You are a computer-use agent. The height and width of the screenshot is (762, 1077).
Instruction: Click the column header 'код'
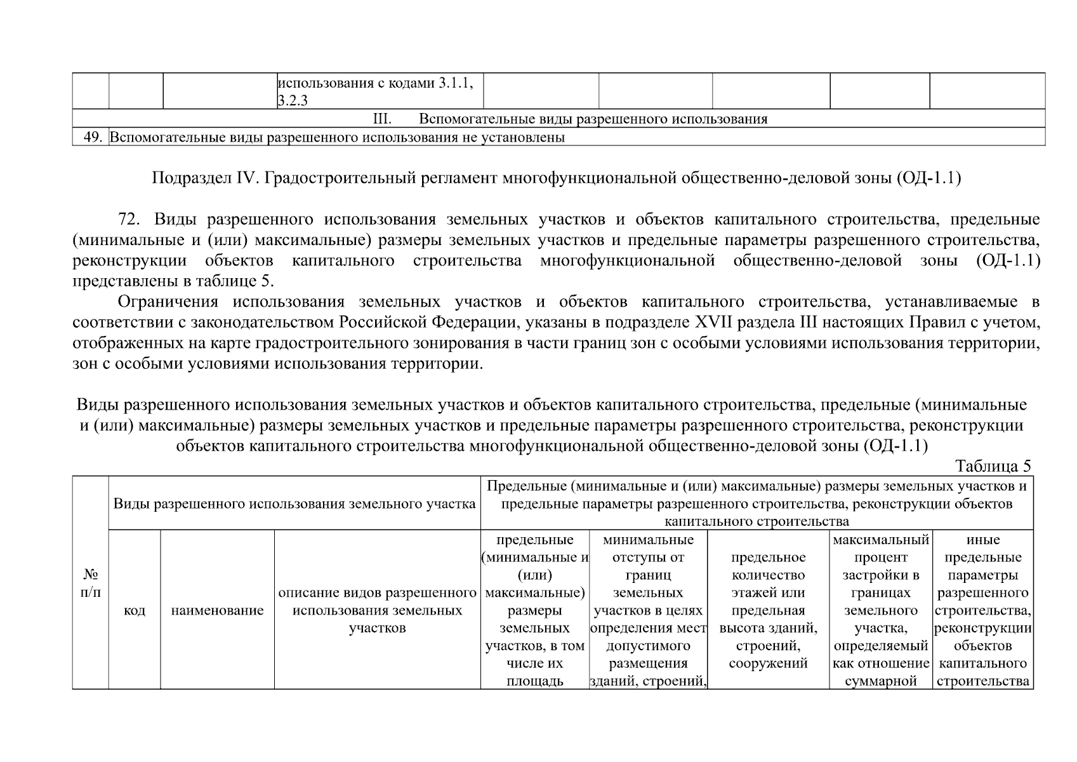coord(134,611)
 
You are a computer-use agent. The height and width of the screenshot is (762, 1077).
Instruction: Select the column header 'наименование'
coord(217,611)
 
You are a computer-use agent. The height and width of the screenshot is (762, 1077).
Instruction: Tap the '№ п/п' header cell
coord(91,583)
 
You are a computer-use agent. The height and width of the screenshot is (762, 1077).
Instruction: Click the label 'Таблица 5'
coord(993,466)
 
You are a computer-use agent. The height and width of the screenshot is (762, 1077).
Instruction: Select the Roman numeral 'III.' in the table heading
coord(381,119)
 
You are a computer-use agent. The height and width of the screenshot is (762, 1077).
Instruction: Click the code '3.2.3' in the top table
coord(293,100)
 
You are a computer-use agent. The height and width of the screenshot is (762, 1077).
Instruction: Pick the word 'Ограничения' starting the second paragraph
coord(168,302)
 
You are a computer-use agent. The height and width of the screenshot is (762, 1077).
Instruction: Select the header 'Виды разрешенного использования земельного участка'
coord(294,504)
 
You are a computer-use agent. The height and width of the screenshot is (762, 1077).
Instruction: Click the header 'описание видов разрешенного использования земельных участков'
coord(378,611)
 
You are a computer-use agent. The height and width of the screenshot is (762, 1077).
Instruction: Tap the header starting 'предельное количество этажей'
coord(768,611)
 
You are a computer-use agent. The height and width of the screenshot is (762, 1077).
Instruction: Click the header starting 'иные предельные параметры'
coord(982,611)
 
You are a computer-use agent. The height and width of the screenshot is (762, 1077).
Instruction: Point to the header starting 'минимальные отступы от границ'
coord(648,611)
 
